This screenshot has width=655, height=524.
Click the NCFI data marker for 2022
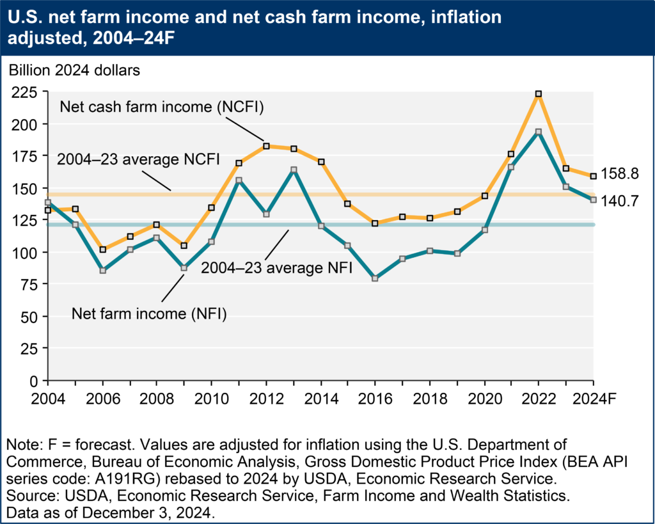(539, 94)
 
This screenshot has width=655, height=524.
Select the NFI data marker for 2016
(375, 279)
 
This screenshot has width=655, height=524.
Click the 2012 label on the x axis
(266, 398)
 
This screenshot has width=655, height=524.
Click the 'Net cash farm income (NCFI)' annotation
(162, 107)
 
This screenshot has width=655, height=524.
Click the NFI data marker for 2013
(293, 170)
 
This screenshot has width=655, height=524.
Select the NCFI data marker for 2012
(266, 147)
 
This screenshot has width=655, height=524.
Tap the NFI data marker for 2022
(539, 132)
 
